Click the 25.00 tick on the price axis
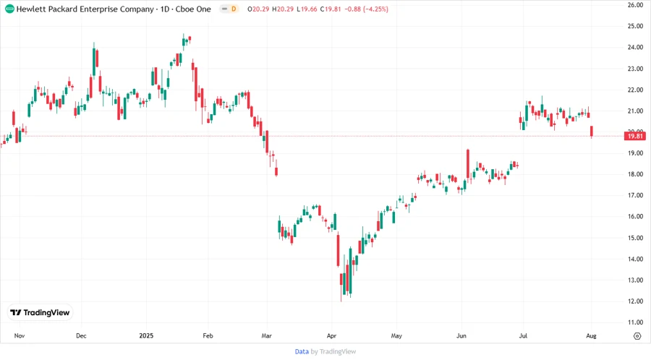(635, 26)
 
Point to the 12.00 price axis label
(635, 301)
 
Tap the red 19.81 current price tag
(635, 136)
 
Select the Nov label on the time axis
(20, 336)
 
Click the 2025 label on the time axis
(147, 336)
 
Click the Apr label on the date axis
(332, 336)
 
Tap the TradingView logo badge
(40, 313)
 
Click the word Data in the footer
(302, 351)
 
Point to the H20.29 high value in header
(286, 9)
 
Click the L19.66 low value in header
(313, 9)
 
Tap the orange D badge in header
(234, 9)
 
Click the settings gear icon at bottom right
(637, 336)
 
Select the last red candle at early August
(592, 132)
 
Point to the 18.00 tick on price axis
(635, 174)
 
